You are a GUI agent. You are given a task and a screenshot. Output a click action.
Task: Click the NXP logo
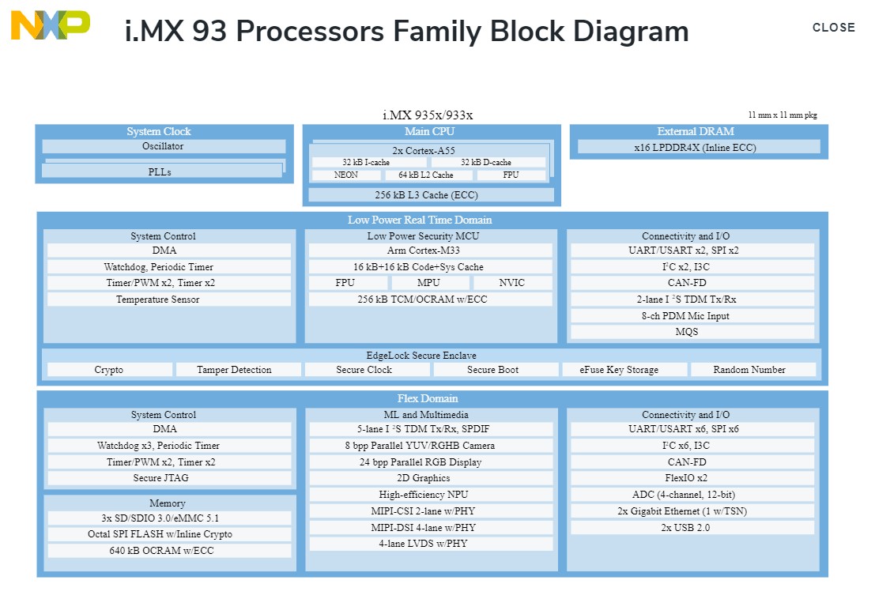[50, 25]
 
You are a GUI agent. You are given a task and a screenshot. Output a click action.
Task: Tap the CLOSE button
[833, 28]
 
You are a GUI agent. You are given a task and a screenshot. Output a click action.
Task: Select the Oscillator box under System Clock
[164, 146]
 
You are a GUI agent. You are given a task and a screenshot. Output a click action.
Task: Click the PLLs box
[160, 171]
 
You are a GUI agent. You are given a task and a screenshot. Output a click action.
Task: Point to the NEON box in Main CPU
[346, 175]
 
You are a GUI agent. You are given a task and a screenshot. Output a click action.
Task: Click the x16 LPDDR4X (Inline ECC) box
[699, 147]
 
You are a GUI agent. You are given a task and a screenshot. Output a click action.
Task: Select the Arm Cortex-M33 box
[430, 251]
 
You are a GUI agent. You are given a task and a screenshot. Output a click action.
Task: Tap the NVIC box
[511, 283]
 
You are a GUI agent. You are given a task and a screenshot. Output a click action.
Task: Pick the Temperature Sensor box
[168, 299]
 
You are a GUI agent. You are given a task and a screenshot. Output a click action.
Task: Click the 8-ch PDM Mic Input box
[692, 316]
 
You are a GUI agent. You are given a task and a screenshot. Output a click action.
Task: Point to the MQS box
[692, 332]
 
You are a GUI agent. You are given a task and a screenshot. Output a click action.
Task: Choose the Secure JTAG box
[168, 478]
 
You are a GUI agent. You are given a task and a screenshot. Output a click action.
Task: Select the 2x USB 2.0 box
[692, 527]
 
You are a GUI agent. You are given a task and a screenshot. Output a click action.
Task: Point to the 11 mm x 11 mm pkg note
[782, 115]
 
